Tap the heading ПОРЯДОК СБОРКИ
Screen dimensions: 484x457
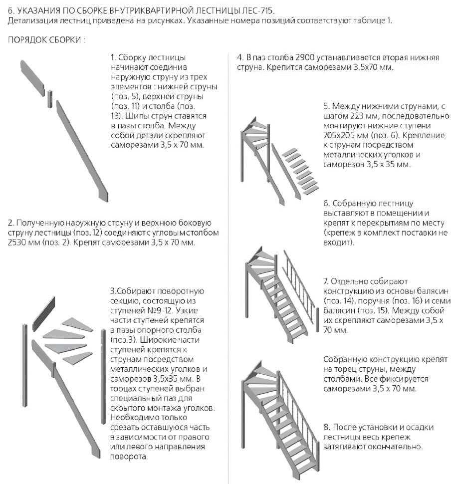(46, 40)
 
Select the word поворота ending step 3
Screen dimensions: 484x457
(129, 457)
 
